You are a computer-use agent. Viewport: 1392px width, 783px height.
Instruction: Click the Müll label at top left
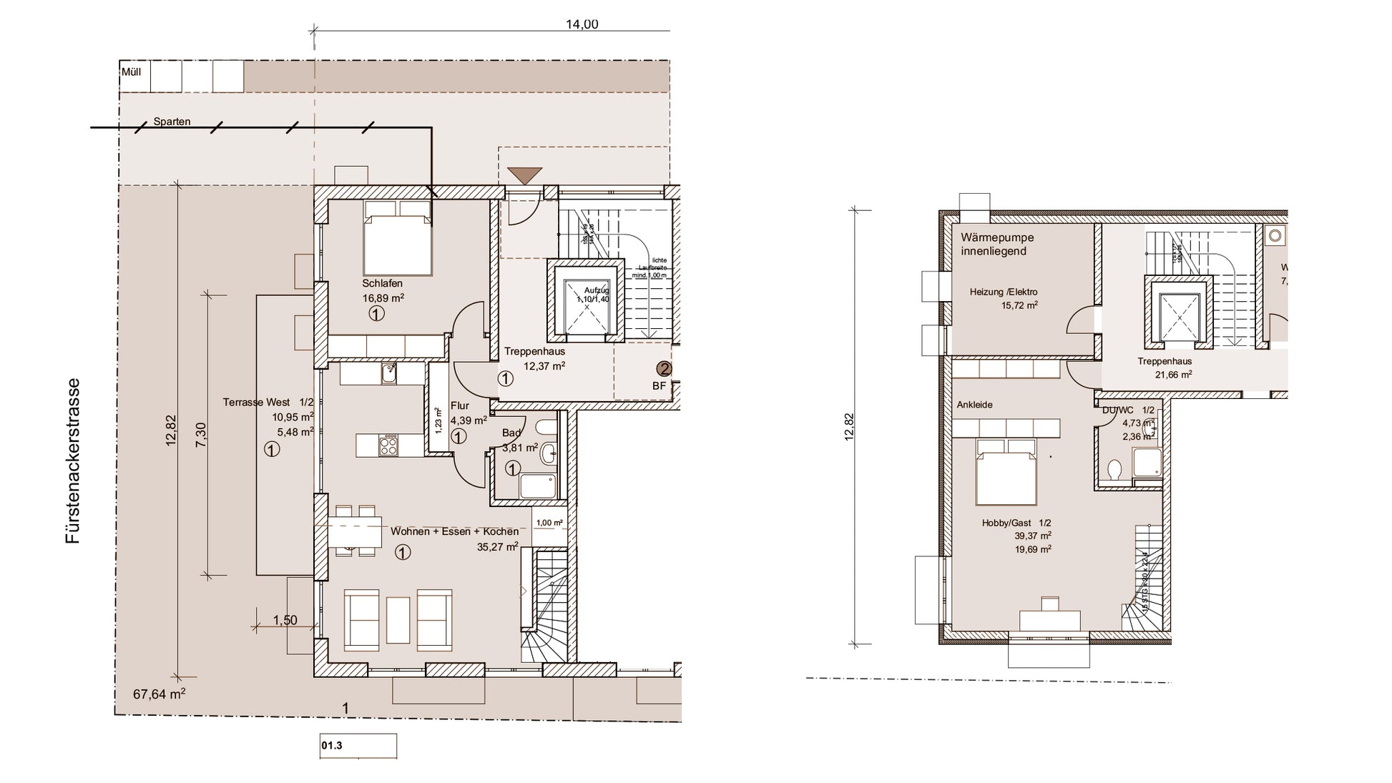pos(131,72)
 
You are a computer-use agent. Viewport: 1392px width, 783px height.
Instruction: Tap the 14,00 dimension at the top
pos(582,24)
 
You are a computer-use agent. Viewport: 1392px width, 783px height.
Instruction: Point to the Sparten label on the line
pos(172,122)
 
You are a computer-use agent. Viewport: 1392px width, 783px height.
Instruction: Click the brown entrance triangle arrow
pos(524,175)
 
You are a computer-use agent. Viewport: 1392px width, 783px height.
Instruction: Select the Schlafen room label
pos(382,284)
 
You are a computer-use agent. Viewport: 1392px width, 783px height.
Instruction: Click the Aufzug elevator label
pos(596,290)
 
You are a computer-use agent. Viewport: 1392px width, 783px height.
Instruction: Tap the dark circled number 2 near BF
pos(665,369)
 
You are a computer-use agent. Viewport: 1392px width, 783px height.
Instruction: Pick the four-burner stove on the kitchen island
pos(388,445)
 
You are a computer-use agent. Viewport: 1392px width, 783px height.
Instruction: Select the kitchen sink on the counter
pos(389,373)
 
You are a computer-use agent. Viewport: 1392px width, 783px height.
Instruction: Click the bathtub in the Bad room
pos(537,486)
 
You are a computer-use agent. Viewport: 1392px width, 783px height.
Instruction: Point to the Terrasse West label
pos(268,403)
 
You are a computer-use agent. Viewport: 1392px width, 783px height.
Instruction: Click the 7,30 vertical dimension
pos(200,435)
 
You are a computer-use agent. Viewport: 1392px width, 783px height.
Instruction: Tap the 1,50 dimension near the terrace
pos(285,620)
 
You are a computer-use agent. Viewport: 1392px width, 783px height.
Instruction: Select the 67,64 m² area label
pos(159,694)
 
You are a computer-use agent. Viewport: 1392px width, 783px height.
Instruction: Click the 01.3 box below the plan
pos(358,746)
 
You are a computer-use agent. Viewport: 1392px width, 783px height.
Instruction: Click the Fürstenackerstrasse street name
pos(73,461)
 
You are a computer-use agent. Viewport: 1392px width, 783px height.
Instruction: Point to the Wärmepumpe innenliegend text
pos(997,244)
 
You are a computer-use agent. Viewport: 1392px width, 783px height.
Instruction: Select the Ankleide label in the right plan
pos(974,405)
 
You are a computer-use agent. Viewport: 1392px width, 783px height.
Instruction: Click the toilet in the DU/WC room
pos(1114,469)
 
